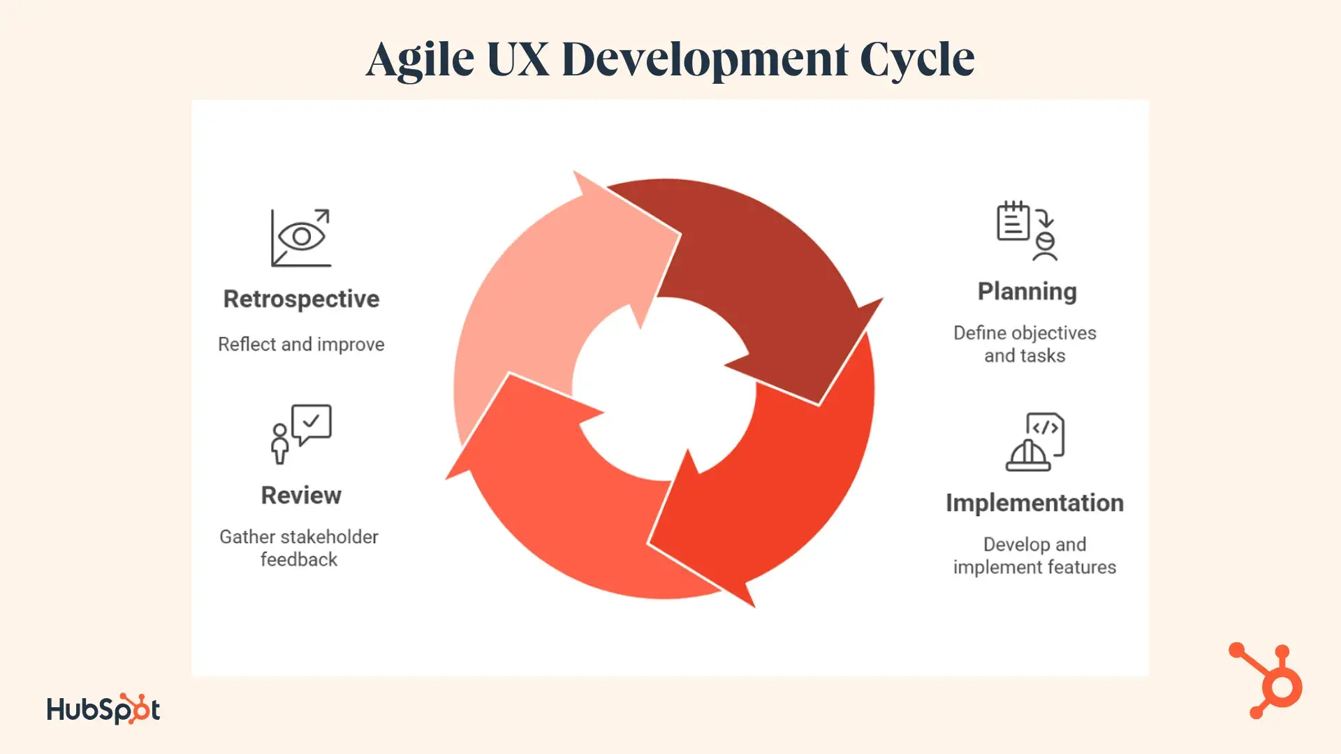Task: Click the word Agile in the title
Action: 420,59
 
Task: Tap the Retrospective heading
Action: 301,299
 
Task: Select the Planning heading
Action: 1027,292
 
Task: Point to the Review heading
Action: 301,495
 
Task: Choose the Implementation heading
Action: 1034,503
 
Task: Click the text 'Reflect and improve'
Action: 301,344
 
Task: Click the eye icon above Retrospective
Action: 302,236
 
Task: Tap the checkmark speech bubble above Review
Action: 312,424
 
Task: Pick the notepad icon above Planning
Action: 1013,221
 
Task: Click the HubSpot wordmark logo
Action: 103,709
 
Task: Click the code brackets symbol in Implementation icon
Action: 1046,428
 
